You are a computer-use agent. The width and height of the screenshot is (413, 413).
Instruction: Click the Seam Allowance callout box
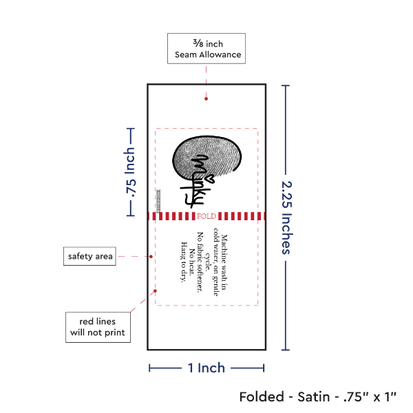205,48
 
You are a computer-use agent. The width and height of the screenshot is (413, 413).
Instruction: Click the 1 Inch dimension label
206,368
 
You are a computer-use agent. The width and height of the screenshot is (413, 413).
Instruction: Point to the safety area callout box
89,257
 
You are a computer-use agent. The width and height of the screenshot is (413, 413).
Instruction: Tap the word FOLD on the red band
206,216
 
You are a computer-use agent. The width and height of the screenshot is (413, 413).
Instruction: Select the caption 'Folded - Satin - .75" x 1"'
322,397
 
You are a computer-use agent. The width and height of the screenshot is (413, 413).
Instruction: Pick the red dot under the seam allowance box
206,99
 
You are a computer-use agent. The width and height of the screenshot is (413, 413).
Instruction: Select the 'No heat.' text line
191,260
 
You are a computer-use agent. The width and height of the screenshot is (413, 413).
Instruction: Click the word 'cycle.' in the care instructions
207,260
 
